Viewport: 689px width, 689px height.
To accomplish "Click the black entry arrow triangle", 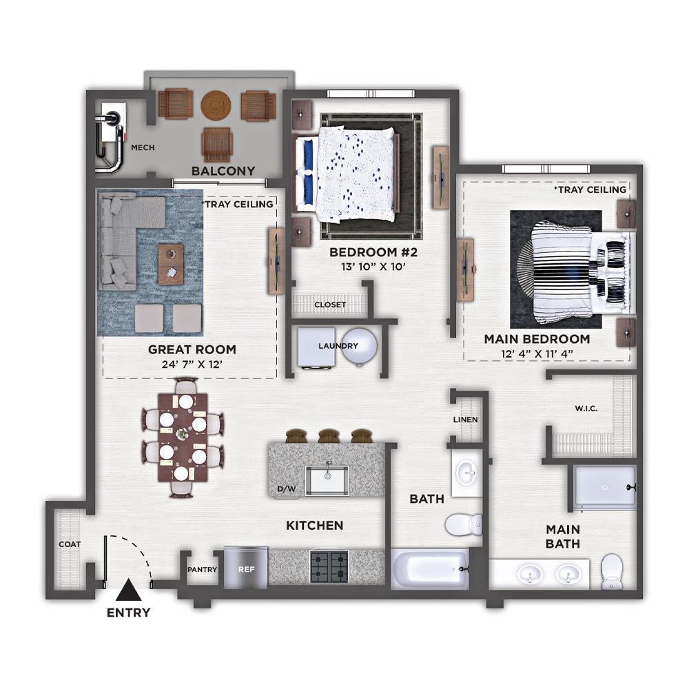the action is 128,590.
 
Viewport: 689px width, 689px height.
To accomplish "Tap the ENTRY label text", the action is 128,613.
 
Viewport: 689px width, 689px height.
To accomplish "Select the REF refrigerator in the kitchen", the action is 246,568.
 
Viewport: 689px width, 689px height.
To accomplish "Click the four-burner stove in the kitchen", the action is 329,567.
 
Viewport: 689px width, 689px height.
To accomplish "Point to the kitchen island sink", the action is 327,480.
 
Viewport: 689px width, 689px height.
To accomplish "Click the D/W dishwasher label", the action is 287,489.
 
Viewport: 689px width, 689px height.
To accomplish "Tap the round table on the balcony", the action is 216,105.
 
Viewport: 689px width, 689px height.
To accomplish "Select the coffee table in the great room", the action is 171,265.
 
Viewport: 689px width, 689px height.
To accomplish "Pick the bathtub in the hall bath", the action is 430,570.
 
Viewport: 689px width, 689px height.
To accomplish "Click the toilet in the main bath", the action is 612,571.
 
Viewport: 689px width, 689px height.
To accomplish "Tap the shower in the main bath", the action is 605,487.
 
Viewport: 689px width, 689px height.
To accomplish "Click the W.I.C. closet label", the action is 586,409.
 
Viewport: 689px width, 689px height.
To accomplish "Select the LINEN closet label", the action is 465,420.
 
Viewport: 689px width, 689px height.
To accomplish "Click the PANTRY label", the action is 202,570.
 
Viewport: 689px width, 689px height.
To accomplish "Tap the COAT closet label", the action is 70,544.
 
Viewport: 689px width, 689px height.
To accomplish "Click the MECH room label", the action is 143,147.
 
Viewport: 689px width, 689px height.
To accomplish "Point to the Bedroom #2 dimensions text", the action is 373,267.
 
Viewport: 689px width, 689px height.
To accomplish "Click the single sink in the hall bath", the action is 467,473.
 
